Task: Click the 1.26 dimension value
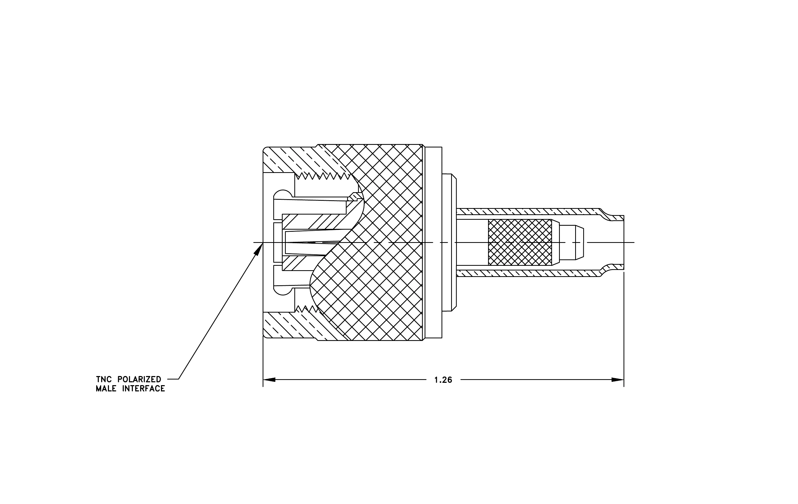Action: (443, 380)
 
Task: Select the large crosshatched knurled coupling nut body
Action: (381, 243)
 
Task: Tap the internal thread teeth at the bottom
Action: (307, 309)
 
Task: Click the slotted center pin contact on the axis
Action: (312, 243)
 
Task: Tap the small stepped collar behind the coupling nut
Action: (449, 243)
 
